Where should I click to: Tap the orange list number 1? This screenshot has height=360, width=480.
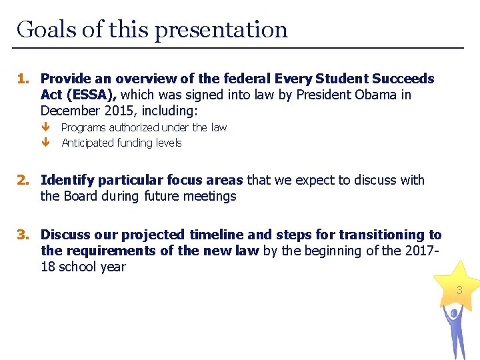(x=23, y=79)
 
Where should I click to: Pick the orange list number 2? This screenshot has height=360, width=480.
(x=23, y=180)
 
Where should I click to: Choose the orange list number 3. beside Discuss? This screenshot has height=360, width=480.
(x=23, y=235)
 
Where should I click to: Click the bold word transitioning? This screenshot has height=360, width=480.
(x=383, y=235)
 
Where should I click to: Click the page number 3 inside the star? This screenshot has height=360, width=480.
(x=459, y=291)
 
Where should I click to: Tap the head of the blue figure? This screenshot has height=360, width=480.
(x=454, y=311)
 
